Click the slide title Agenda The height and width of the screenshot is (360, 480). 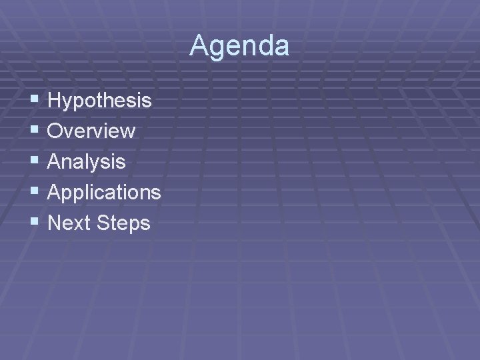click(x=239, y=46)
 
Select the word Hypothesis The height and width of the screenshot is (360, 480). click(x=100, y=101)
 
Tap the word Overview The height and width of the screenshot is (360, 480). click(x=92, y=131)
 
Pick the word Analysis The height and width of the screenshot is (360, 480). click(x=87, y=162)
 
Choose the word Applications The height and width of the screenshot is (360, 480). click(x=105, y=193)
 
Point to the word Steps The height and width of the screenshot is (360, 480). click(x=123, y=223)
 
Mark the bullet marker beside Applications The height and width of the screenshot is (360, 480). click(x=35, y=192)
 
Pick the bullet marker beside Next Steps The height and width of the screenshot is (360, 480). click(x=35, y=223)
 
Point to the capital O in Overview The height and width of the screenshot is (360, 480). click(x=57, y=131)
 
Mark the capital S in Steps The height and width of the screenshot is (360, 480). click(x=103, y=223)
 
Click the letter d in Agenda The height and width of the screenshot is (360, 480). click(x=263, y=46)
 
